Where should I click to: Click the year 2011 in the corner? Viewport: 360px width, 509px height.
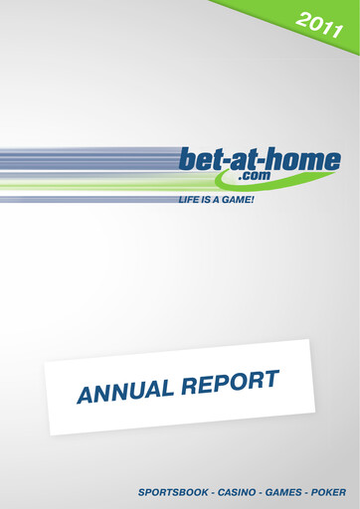[320, 25]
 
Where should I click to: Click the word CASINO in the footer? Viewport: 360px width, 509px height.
[235, 492]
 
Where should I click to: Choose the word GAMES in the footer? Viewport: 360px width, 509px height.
[282, 492]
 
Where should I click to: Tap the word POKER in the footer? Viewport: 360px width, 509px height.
[328, 492]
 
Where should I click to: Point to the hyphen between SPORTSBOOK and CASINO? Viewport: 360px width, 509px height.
[209, 492]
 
